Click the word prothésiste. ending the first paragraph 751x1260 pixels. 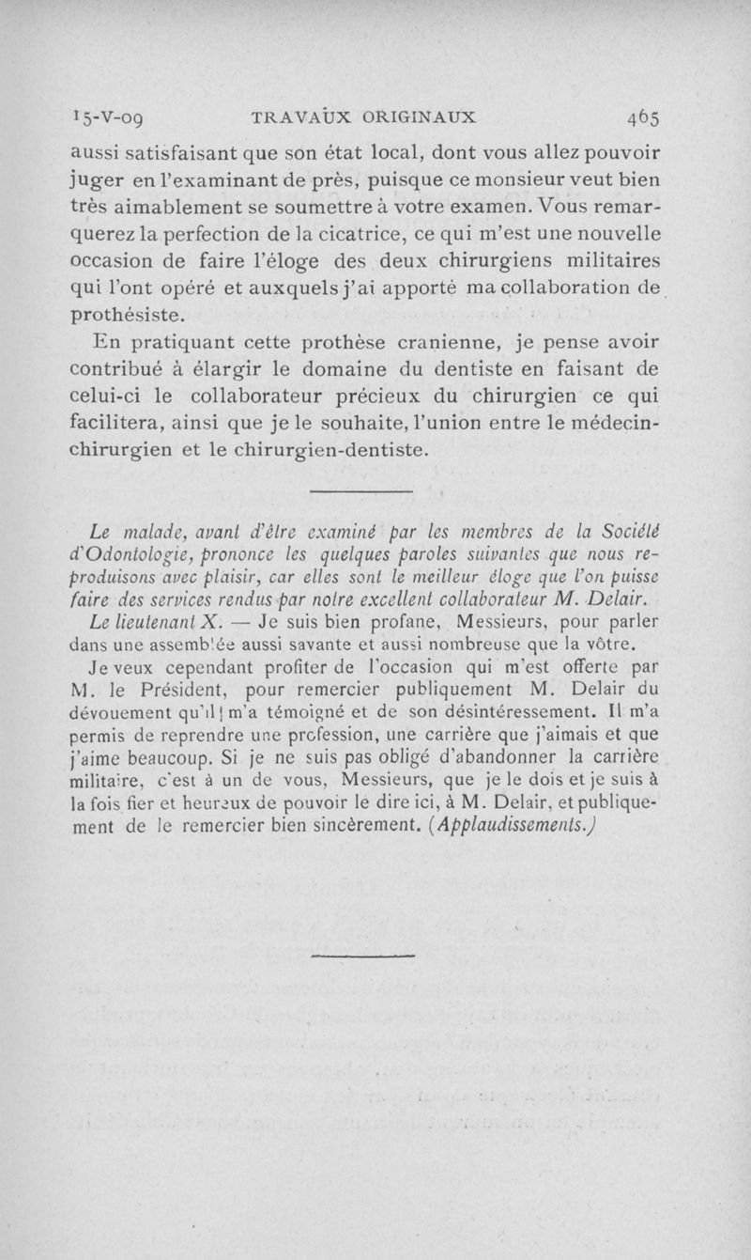click(130, 315)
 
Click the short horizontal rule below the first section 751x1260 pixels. click(361, 491)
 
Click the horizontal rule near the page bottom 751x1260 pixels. click(335, 957)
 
